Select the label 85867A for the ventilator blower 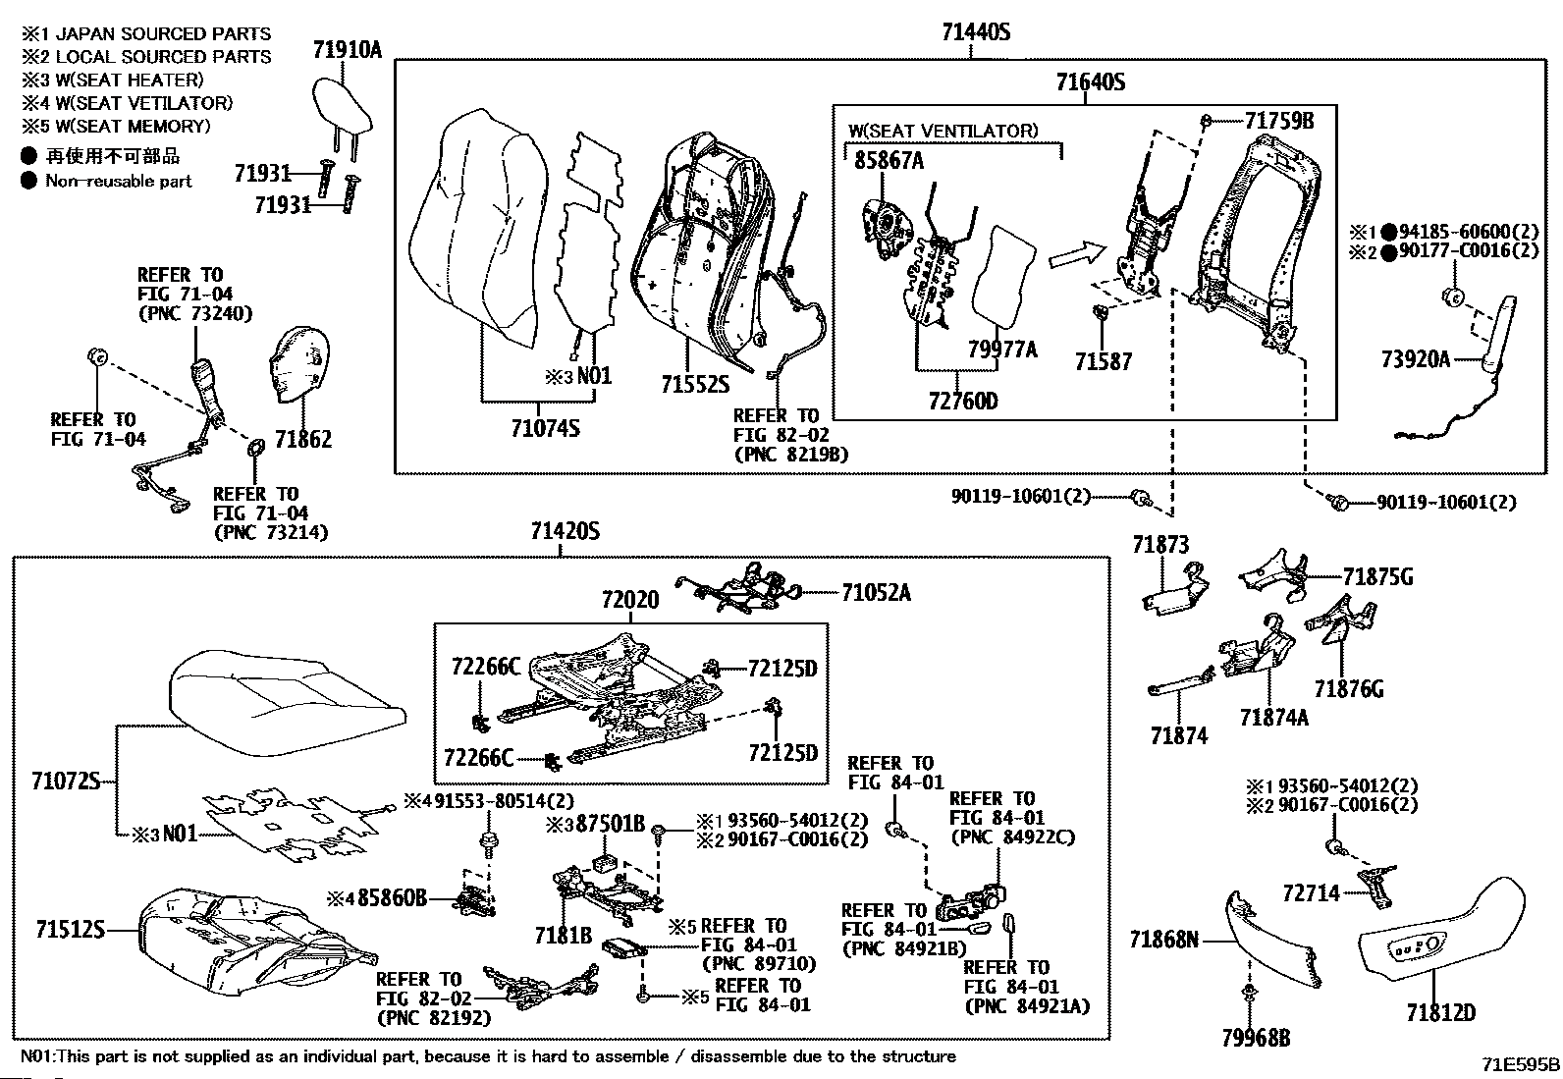889,161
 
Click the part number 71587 1103,362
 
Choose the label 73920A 1415,359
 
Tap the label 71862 302,439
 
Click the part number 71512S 70,928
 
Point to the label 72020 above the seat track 629,599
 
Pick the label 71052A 876,592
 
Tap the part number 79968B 1257,1038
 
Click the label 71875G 1377,577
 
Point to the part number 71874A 1273,718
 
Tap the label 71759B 1278,121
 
